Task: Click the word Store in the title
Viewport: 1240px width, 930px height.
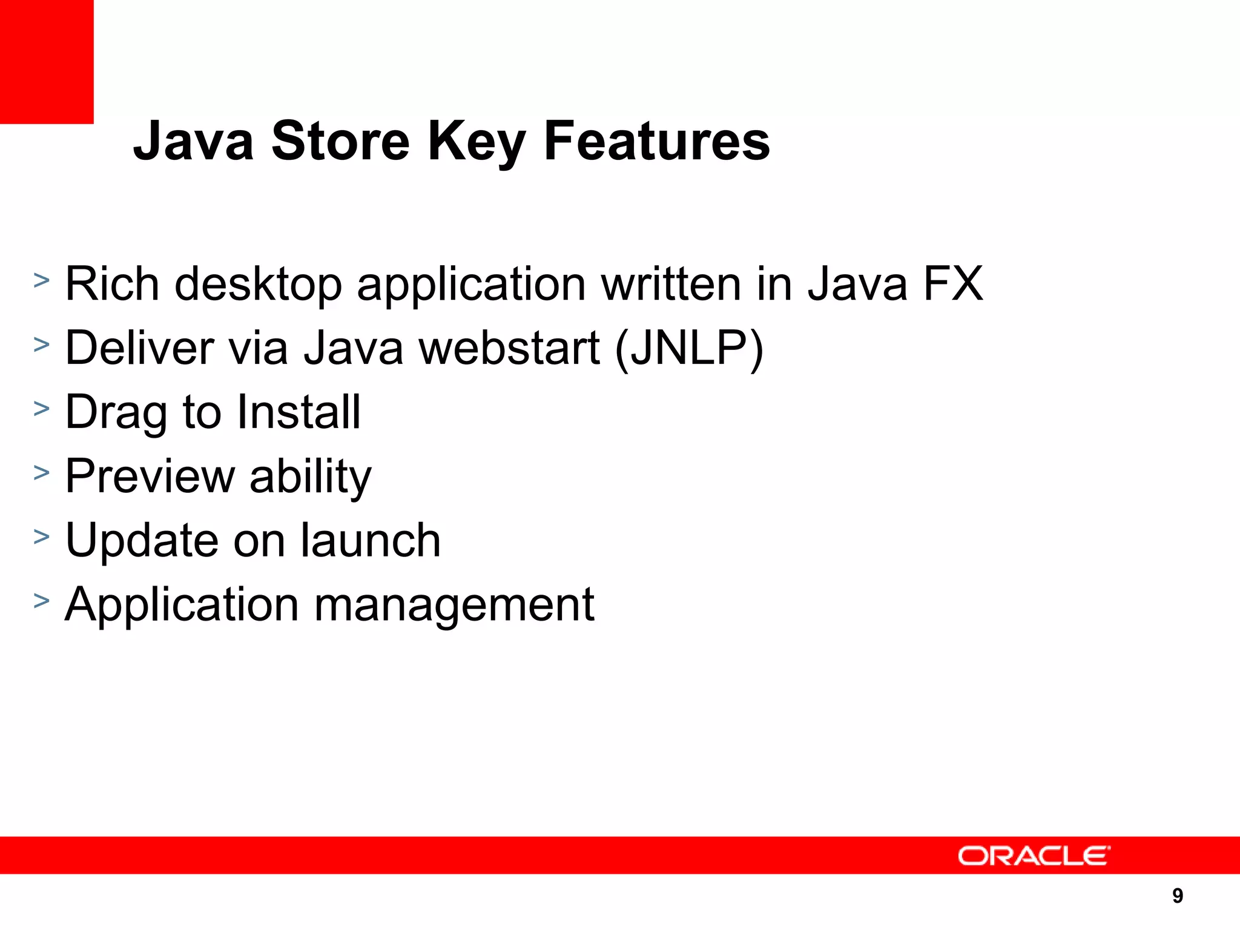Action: point(340,141)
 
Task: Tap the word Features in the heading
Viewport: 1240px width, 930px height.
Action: point(657,141)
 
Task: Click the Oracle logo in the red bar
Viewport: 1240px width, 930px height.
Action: point(1034,856)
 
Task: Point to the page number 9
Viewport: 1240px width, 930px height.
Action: point(1177,895)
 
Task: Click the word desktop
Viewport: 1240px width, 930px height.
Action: point(259,285)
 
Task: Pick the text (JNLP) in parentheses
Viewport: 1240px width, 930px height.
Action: point(689,350)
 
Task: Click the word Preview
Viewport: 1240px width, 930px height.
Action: point(150,477)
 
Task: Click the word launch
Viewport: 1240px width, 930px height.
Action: point(371,540)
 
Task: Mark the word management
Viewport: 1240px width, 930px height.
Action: point(454,605)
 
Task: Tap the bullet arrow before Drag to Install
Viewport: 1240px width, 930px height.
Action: point(41,408)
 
